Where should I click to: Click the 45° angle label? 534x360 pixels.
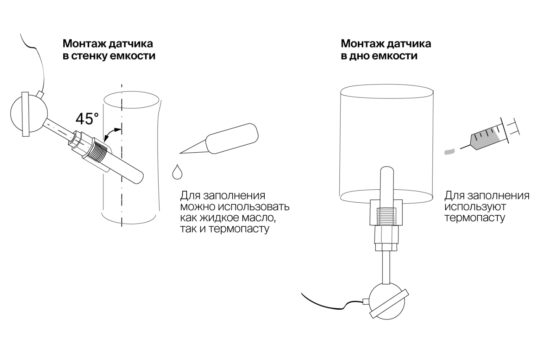[87, 119]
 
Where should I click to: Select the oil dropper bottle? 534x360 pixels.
[231, 139]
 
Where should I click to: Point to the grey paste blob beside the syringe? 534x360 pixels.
[450, 152]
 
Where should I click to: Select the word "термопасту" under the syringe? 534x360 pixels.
[474, 218]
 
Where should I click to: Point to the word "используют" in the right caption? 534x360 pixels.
[475, 207]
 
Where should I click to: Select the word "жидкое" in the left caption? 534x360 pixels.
[218, 218]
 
